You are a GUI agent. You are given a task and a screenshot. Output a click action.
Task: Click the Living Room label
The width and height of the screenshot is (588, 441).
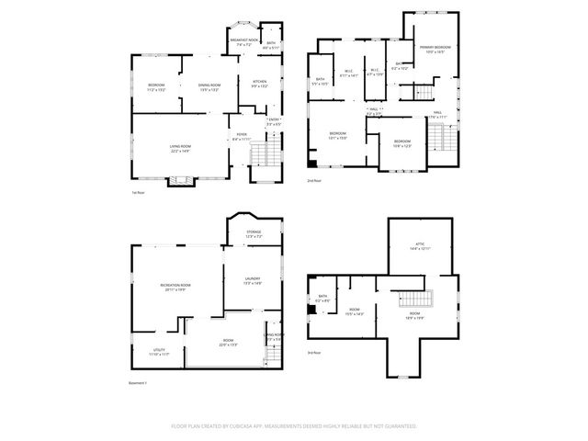click(x=180, y=149)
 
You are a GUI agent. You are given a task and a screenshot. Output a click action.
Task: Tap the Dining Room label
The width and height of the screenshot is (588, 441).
click(x=209, y=87)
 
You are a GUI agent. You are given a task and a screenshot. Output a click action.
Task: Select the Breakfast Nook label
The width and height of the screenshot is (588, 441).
click(x=244, y=41)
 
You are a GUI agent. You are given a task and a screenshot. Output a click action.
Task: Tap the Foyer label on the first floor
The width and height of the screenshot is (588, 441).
click(x=241, y=136)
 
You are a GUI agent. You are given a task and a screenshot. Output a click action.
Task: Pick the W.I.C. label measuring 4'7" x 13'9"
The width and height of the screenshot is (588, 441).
click(x=375, y=72)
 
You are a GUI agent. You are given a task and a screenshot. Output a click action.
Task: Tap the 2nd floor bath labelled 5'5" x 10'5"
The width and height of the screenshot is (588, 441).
click(x=319, y=81)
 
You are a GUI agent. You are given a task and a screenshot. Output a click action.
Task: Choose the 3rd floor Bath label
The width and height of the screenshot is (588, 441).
click(x=322, y=298)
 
